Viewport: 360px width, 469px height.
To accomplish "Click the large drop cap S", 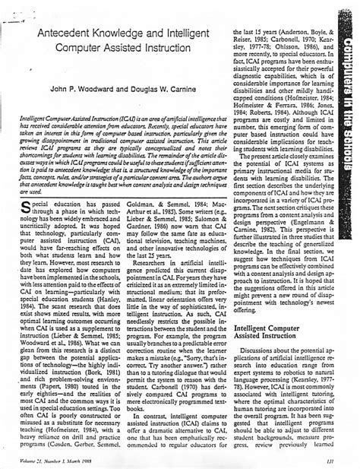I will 31,208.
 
